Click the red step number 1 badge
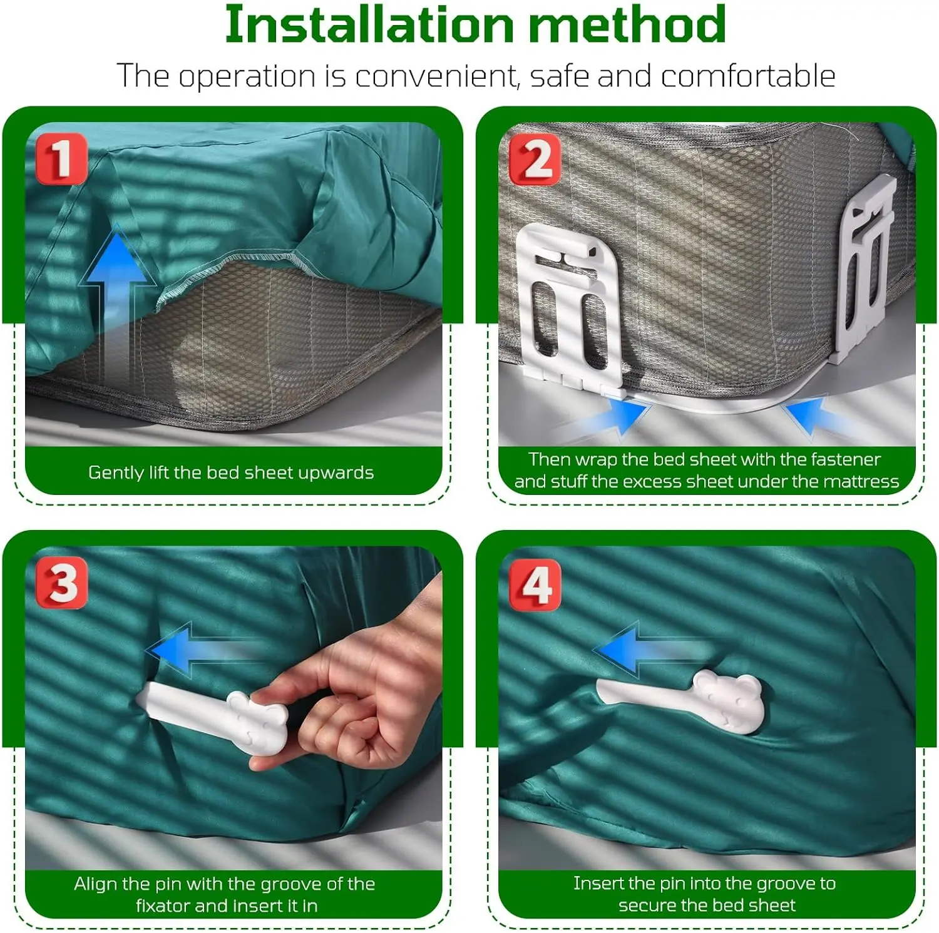(61, 158)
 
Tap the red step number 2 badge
(535, 159)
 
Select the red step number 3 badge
(61, 583)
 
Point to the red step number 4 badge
(535, 584)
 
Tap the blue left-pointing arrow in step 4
(651, 649)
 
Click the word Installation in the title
(370, 24)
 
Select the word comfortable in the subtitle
(748, 76)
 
